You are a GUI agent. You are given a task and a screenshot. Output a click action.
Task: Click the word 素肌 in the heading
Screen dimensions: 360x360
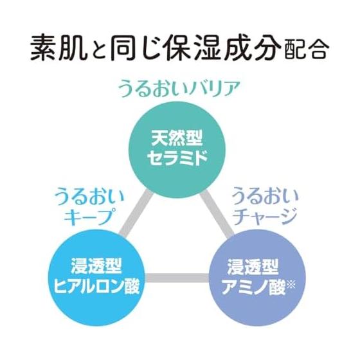[59, 48]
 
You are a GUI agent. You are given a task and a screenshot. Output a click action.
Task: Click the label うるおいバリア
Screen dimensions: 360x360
[179, 89]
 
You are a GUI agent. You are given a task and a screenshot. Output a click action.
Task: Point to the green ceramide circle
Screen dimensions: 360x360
[174, 149]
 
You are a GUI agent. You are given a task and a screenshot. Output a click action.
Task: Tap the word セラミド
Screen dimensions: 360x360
[177, 157]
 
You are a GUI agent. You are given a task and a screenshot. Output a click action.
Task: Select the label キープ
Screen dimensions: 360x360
[89, 216]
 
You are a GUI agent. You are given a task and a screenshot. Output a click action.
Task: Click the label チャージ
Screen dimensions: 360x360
[265, 216]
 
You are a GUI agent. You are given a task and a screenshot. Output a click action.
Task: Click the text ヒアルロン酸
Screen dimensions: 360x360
[97, 286]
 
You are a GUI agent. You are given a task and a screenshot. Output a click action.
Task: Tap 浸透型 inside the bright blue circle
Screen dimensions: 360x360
[96, 266]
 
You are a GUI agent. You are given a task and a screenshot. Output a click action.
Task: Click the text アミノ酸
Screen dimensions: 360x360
[253, 287]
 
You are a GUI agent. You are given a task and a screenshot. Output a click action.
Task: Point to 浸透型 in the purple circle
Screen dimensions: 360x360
[253, 267]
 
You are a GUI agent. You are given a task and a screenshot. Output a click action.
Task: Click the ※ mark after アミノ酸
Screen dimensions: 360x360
[291, 285]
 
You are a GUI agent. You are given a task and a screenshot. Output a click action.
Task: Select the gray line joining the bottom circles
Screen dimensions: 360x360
[177, 278]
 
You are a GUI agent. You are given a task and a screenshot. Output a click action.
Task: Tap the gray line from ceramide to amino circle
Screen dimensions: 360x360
[217, 214]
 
